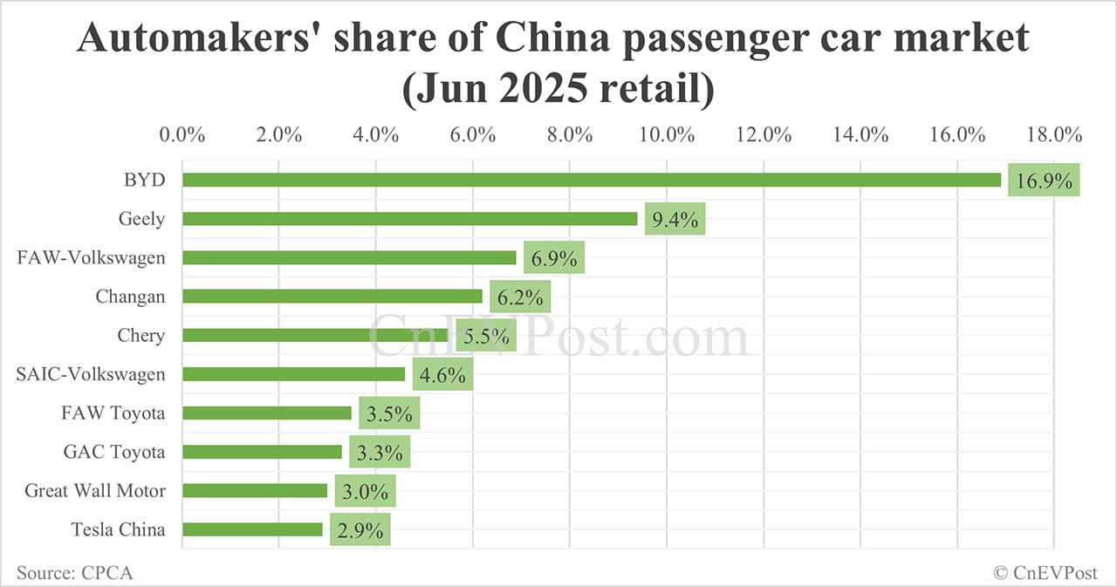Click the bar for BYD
point(592,180)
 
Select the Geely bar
point(410,219)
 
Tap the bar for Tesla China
point(252,529)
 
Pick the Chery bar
point(315,335)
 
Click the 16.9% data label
point(1044,181)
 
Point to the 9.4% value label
point(675,220)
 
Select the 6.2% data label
point(520,297)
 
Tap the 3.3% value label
point(380,453)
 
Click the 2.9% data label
point(360,529)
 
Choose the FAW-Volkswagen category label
point(91,257)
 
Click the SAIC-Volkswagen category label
point(90,374)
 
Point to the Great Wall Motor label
point(94,491)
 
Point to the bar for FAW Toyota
point(267,413)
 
